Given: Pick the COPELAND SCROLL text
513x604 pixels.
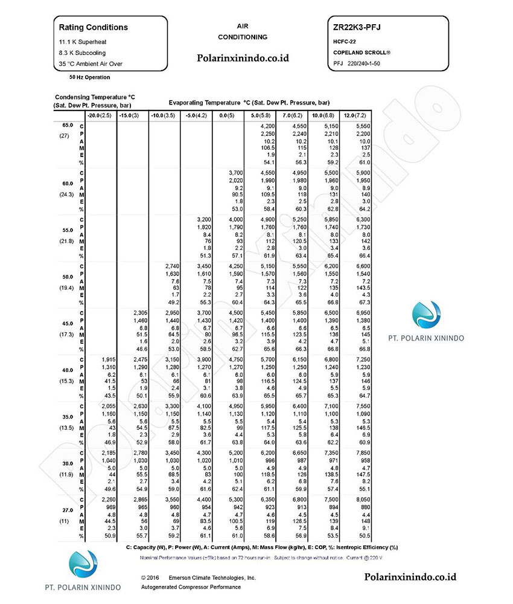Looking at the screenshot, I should tap(362, 53).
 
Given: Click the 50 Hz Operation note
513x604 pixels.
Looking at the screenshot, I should tap(89, 77).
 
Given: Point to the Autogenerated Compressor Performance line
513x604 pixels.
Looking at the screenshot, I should tap(191, 587).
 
